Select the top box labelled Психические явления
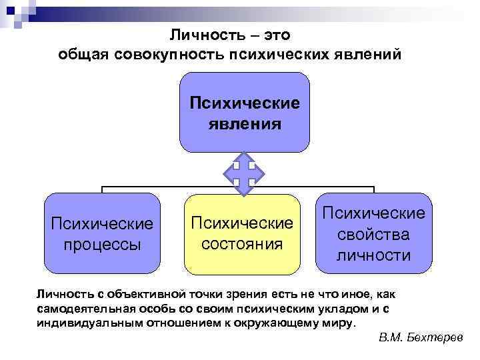[x=245, y=113]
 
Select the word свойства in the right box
[x=373, y=235]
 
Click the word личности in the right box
[x=373, y=255]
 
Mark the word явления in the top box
[x=245, y=123]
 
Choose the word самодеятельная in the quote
[x=83, y=309]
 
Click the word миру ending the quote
[x=343, y=323]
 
